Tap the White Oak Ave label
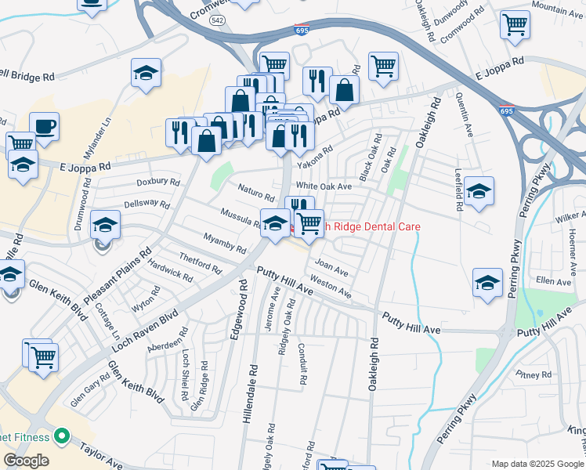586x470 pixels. (324, 187)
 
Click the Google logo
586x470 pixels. (26, 461)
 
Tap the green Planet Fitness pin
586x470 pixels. (63, 437)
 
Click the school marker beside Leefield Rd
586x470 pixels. (478, 192)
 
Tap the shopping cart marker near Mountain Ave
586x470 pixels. (515, 25)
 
